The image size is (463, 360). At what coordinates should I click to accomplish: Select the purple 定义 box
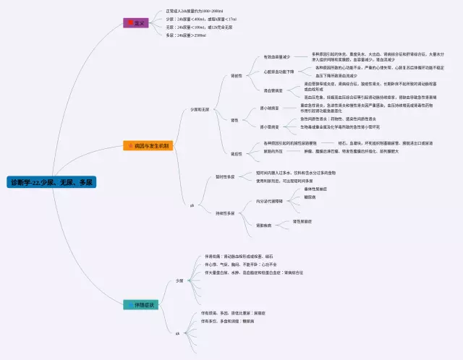tap(136, 24)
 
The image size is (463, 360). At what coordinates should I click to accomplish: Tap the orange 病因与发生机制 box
tap(147, 146)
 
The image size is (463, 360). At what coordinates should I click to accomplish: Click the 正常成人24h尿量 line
tap(195, 12)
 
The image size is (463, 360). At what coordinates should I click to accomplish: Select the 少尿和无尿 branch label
tap(200, 109)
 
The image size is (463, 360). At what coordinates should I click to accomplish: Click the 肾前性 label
tap(237, 75)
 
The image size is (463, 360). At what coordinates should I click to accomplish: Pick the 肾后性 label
tap(237, 153)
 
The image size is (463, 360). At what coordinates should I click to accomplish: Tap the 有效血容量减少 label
tap(277, 56)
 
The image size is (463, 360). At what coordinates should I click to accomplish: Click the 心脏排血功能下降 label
tap(279, 72)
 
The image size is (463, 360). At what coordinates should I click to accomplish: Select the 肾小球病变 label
tap(269, 108)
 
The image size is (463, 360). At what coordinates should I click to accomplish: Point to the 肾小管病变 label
tap(269, 127)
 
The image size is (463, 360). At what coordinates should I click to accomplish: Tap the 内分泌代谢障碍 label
tap(270, 200)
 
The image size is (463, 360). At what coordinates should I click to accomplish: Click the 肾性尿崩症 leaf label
tap(302, 221)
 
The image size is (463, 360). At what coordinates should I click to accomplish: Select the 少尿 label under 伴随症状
tap(179, 280)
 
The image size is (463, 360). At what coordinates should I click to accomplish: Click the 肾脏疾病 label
tap(264, 226)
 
